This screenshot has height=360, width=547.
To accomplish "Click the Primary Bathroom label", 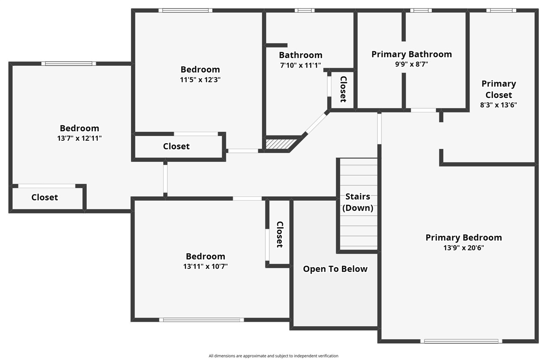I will (411, 54).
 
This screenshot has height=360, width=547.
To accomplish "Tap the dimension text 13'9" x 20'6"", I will (463, 248).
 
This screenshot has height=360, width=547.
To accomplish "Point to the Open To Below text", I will (335, 269).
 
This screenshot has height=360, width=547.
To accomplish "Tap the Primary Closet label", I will (499, 89).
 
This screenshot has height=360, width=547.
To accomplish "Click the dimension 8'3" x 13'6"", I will (499, 105).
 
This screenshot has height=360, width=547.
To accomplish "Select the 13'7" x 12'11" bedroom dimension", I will (79, 138).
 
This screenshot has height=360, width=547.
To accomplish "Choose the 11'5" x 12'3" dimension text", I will (200, 80).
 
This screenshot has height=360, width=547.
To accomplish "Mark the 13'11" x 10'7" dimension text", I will (206, 266).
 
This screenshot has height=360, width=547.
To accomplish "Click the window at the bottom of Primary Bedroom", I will (461, 341).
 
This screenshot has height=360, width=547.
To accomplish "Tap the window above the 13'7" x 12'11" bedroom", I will (68, 64).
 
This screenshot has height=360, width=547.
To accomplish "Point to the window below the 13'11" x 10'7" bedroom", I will (201, 319).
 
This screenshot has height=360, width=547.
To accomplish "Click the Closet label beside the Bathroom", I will (343, 89).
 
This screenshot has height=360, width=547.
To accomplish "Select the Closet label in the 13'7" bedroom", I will (44, 198).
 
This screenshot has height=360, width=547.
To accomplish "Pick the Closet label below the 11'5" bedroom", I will (176, 146).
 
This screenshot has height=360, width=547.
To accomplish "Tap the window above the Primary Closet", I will (501, 10).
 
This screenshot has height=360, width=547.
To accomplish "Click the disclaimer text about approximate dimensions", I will (273, 356).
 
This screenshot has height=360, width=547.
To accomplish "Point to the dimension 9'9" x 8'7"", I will (411, 65).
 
